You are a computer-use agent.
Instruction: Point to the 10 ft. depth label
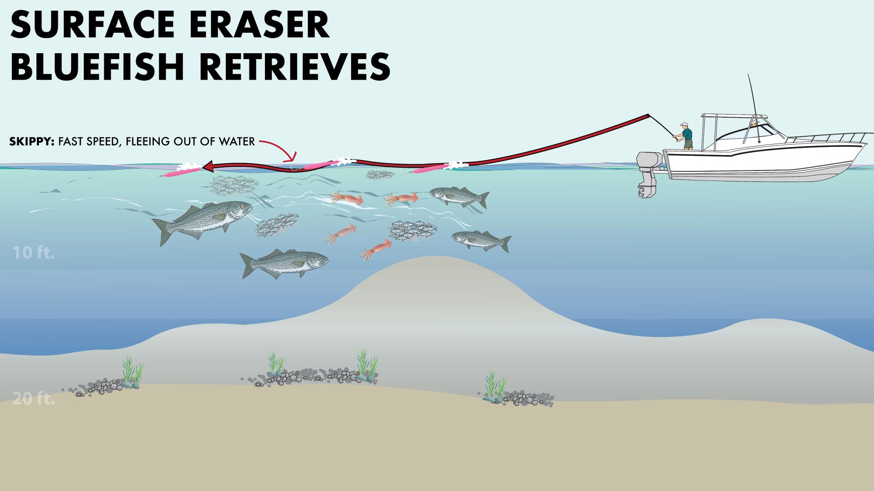pyautogui.click(x=34, y=253)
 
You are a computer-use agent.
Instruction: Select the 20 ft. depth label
pyautogui.click(x=33, y=399)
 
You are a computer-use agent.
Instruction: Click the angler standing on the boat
pyautogui.click(x=686, y=136)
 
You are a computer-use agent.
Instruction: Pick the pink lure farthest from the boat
pyautogui.click(x=180, y=172)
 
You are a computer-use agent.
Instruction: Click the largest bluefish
pyautogui.click(x=205, y=220)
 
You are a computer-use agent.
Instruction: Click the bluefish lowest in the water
pyautogui.click(x=285, y=264)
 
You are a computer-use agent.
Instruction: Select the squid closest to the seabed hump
pyautogui.click(x=376, y=250)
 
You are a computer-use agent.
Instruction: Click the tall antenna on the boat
pyautogui.click(x=752, y=98)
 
